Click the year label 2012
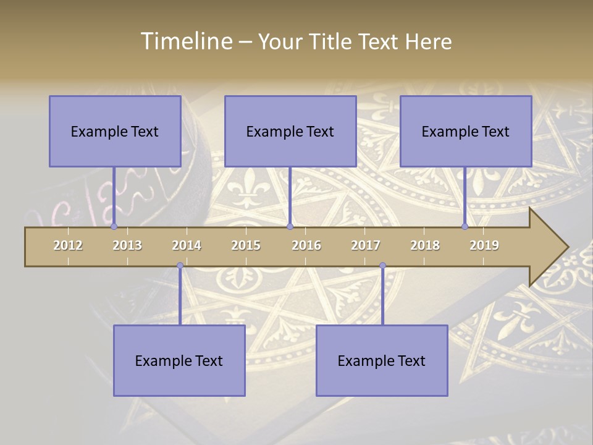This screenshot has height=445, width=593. (x=68, y=245)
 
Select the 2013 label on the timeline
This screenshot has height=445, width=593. (x=127, y=245)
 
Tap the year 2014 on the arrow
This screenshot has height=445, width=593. (x=187, y=245)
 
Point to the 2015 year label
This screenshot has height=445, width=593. (x=246, y=245)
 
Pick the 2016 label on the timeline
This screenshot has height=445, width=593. (x=306, y=245)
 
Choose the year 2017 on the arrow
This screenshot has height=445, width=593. (x=366, y=245)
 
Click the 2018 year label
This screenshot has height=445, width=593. (x=425, y=245)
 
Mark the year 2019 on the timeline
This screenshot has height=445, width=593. (x=484, y=245)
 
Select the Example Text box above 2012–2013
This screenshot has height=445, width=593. (x=115, y=131)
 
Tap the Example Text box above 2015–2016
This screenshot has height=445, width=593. (x=290, y=131)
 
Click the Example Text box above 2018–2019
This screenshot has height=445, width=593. (x=466, y=131)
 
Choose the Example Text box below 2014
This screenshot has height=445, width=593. (x=179, y=360)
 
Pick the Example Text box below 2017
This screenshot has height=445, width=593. (x=382, y=360)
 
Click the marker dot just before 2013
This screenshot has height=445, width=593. (x=114, y=227)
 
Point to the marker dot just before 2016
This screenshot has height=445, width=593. (x=290, y=227)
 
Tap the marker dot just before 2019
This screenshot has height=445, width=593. (x=465, y=227)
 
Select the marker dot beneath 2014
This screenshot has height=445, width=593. (x=180, y=266)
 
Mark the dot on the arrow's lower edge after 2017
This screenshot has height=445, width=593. (x=382, y=266)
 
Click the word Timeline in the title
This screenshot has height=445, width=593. (x=185, y=41)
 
